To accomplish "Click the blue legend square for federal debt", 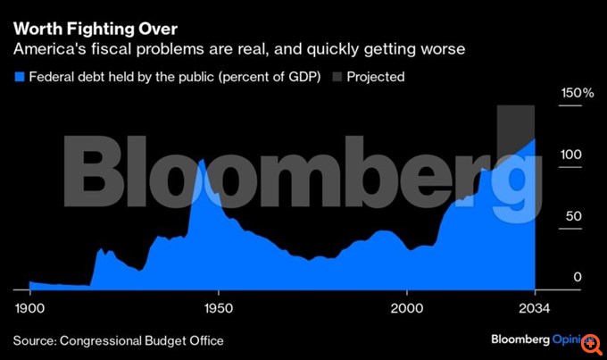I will point(20,77).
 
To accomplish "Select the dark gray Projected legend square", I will point(337,77).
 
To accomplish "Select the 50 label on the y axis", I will point(574,216).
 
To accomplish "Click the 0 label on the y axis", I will point(578,278).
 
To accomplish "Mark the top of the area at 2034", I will point(534,139).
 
